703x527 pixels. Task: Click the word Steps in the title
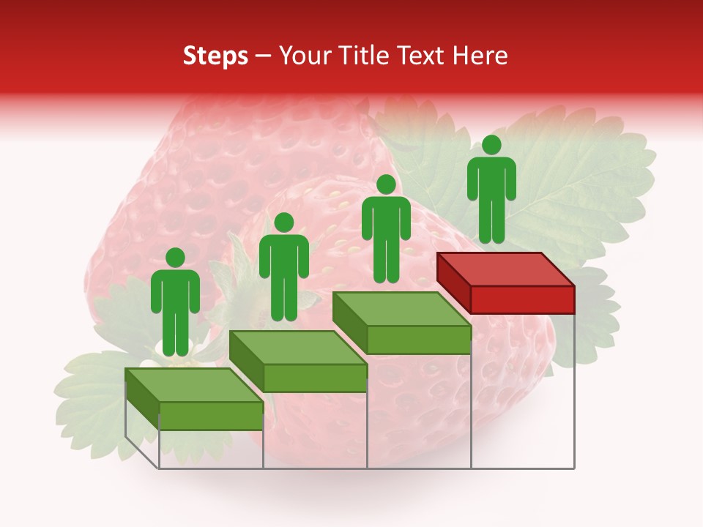pyautogui.click(x=215, y=56)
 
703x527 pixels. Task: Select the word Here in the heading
pyautogui.click(x=480, y=56)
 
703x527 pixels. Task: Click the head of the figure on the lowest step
pyautogui.click(x=175, y=258)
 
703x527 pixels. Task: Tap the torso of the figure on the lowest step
pyautogui.click(x=175, y=293)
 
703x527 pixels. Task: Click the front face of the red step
pyautogui.click(x=522, y=299)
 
